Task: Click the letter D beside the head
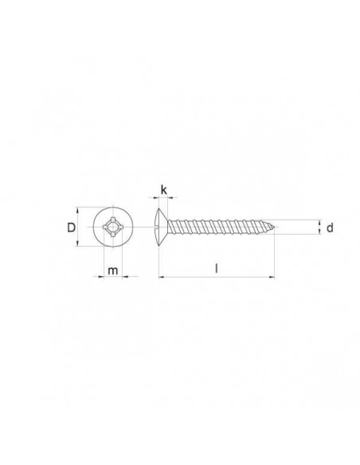pos(71,229)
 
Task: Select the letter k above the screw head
pos(163,190)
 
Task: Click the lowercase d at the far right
pos(328,229)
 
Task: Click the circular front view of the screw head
pos(112,229)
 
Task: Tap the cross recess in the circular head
pos(112,229)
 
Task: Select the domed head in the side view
pos(160,229)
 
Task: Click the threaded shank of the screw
pos(219,229)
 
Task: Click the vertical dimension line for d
pos(319,229)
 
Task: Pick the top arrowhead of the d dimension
pos(319,222)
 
